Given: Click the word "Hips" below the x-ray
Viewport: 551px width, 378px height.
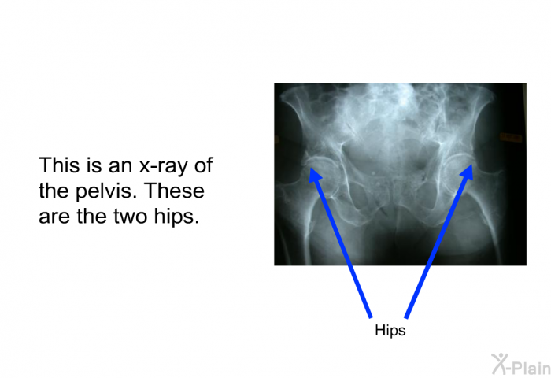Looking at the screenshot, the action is click(x=390, y=331).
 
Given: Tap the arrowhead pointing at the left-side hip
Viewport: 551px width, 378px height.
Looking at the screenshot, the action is click(x=315, y=175).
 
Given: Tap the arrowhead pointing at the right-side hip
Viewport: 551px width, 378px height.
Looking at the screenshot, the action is click(x=468, y=172).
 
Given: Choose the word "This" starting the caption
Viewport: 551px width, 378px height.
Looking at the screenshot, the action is click(x=58, y=165).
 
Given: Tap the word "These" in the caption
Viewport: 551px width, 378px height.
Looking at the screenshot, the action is click(x=174, y=191).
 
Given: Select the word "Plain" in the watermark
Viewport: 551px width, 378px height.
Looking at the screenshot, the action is click(x=531, y=368).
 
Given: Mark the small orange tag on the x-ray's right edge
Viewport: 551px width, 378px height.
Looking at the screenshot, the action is click(x=512, y=137).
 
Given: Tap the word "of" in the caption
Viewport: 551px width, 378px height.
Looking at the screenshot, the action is click(x=204, y=165).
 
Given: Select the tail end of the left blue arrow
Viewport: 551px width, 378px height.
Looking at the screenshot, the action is click(x=371, y=318).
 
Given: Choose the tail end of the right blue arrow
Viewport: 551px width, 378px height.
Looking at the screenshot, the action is click(x=407, y=318).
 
